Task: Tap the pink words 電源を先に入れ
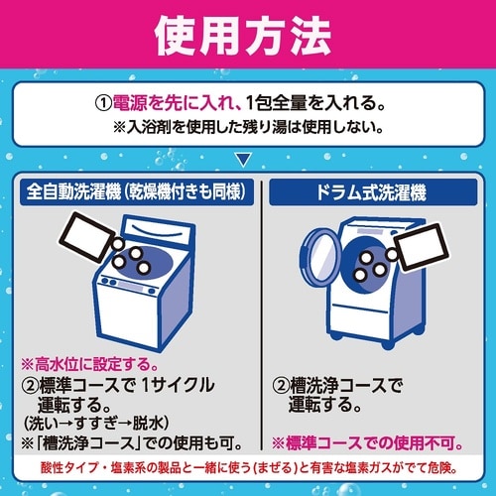pos(177,102)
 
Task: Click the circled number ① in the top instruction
pos(104,102)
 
